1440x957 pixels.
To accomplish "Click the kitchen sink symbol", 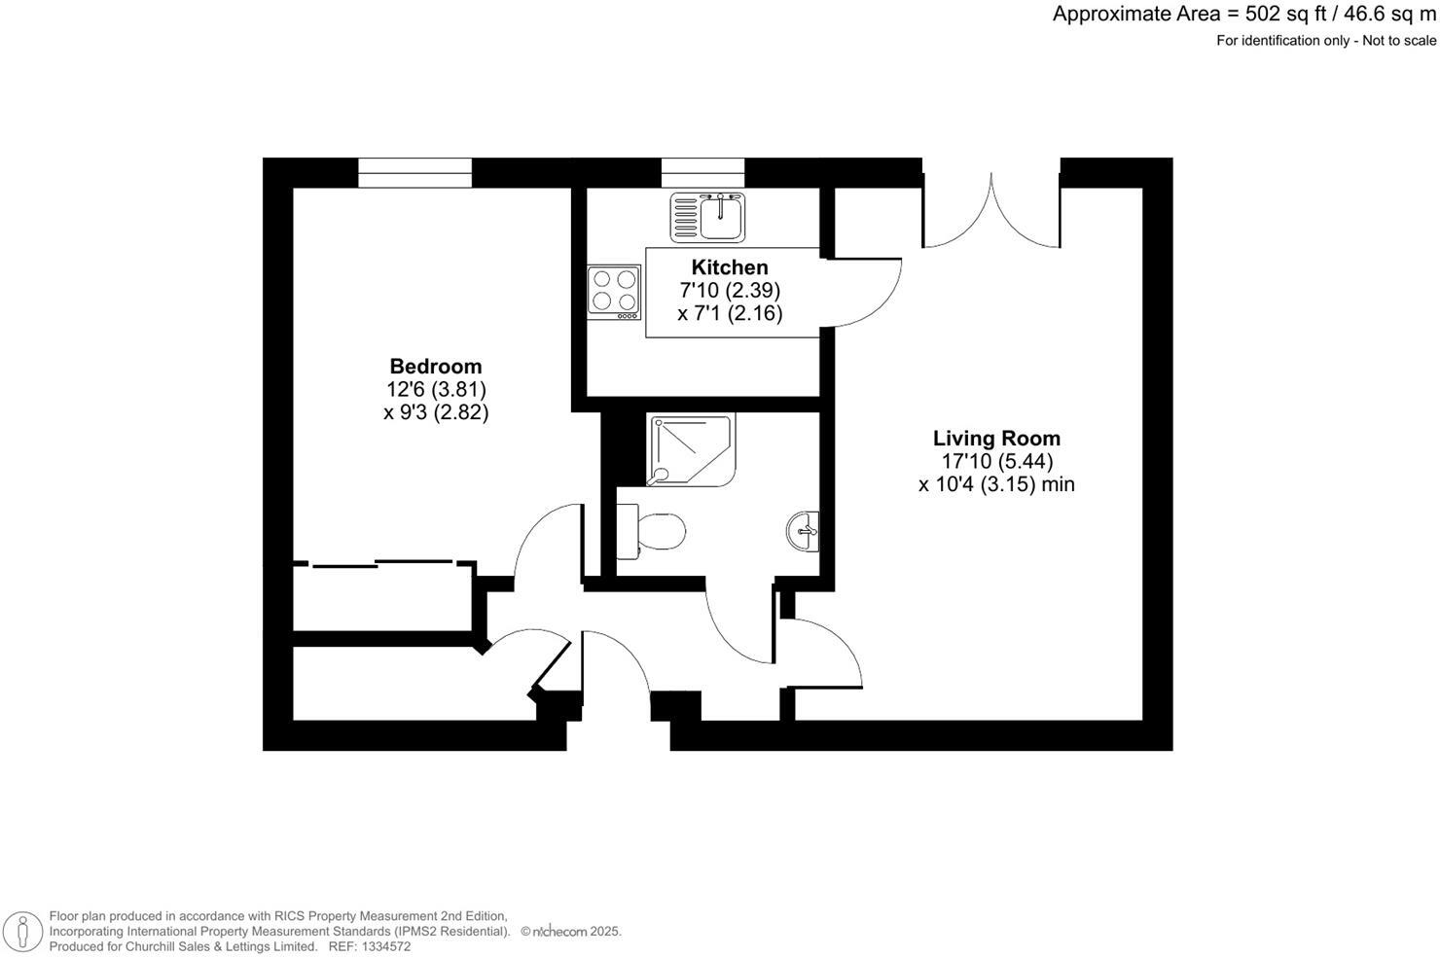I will pos(707,216).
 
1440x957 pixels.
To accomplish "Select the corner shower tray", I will pos(690,449).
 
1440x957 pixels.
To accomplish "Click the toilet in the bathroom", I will pos(651,531).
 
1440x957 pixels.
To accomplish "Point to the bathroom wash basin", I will pos(804,531).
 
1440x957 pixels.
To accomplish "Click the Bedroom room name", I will pos(435,367).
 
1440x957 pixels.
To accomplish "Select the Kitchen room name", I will pos(729,267).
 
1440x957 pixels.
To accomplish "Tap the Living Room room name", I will pos(996,439).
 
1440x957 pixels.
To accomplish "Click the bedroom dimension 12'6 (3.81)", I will pos(435,389).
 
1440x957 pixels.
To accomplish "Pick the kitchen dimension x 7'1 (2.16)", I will pos(730,313).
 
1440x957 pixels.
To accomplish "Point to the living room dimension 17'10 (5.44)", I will pos(996,461).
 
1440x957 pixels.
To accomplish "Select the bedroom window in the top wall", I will pos(414,173).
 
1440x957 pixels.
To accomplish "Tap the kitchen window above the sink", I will pos(702,173).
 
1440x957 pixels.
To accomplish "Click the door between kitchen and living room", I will pos(866,292).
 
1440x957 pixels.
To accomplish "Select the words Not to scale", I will pos(1398,40).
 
